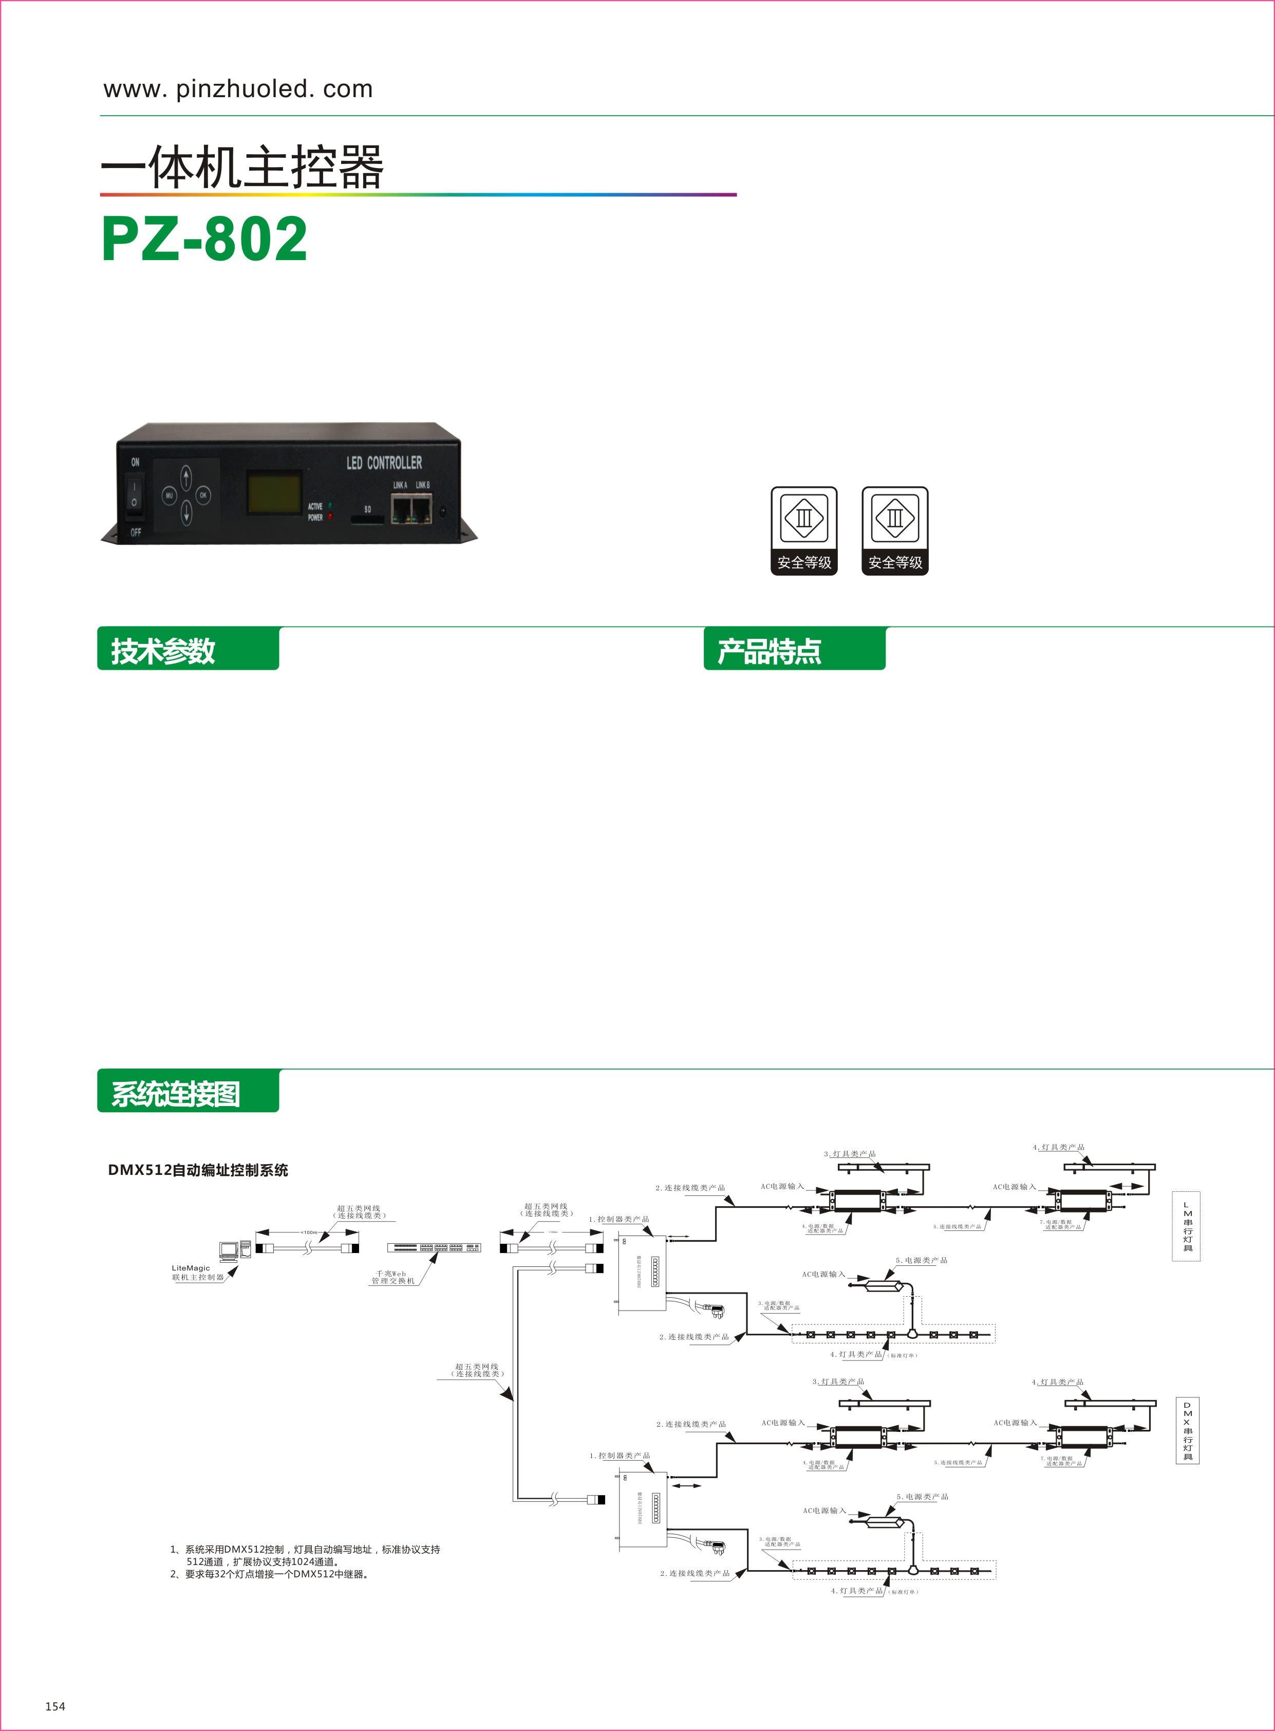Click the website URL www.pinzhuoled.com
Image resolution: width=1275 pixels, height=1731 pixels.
[x=238, y=89]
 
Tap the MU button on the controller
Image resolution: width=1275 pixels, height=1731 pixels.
[x=169, y=495]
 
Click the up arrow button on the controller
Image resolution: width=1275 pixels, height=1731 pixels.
[x=186, y=477]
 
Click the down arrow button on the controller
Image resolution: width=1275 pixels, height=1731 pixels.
[x=186, y=512]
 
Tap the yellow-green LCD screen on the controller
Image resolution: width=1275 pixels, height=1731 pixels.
[x=274, y=494]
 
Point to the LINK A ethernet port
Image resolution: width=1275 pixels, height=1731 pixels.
[x=401, y=510]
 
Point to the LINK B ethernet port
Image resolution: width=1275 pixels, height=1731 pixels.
[x=421, y=510]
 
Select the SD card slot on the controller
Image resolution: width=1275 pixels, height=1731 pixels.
[x=367, y=521]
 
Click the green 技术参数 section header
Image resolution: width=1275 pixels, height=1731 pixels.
[x=188, y=649]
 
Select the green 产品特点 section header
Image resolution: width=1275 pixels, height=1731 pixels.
[x=794, y=649]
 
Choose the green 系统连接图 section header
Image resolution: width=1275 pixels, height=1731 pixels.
[x=188, y=1092]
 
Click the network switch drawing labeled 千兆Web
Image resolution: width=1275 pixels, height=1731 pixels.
[x=434, y=1248]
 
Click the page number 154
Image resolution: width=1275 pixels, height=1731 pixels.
[x=55, y=1705]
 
